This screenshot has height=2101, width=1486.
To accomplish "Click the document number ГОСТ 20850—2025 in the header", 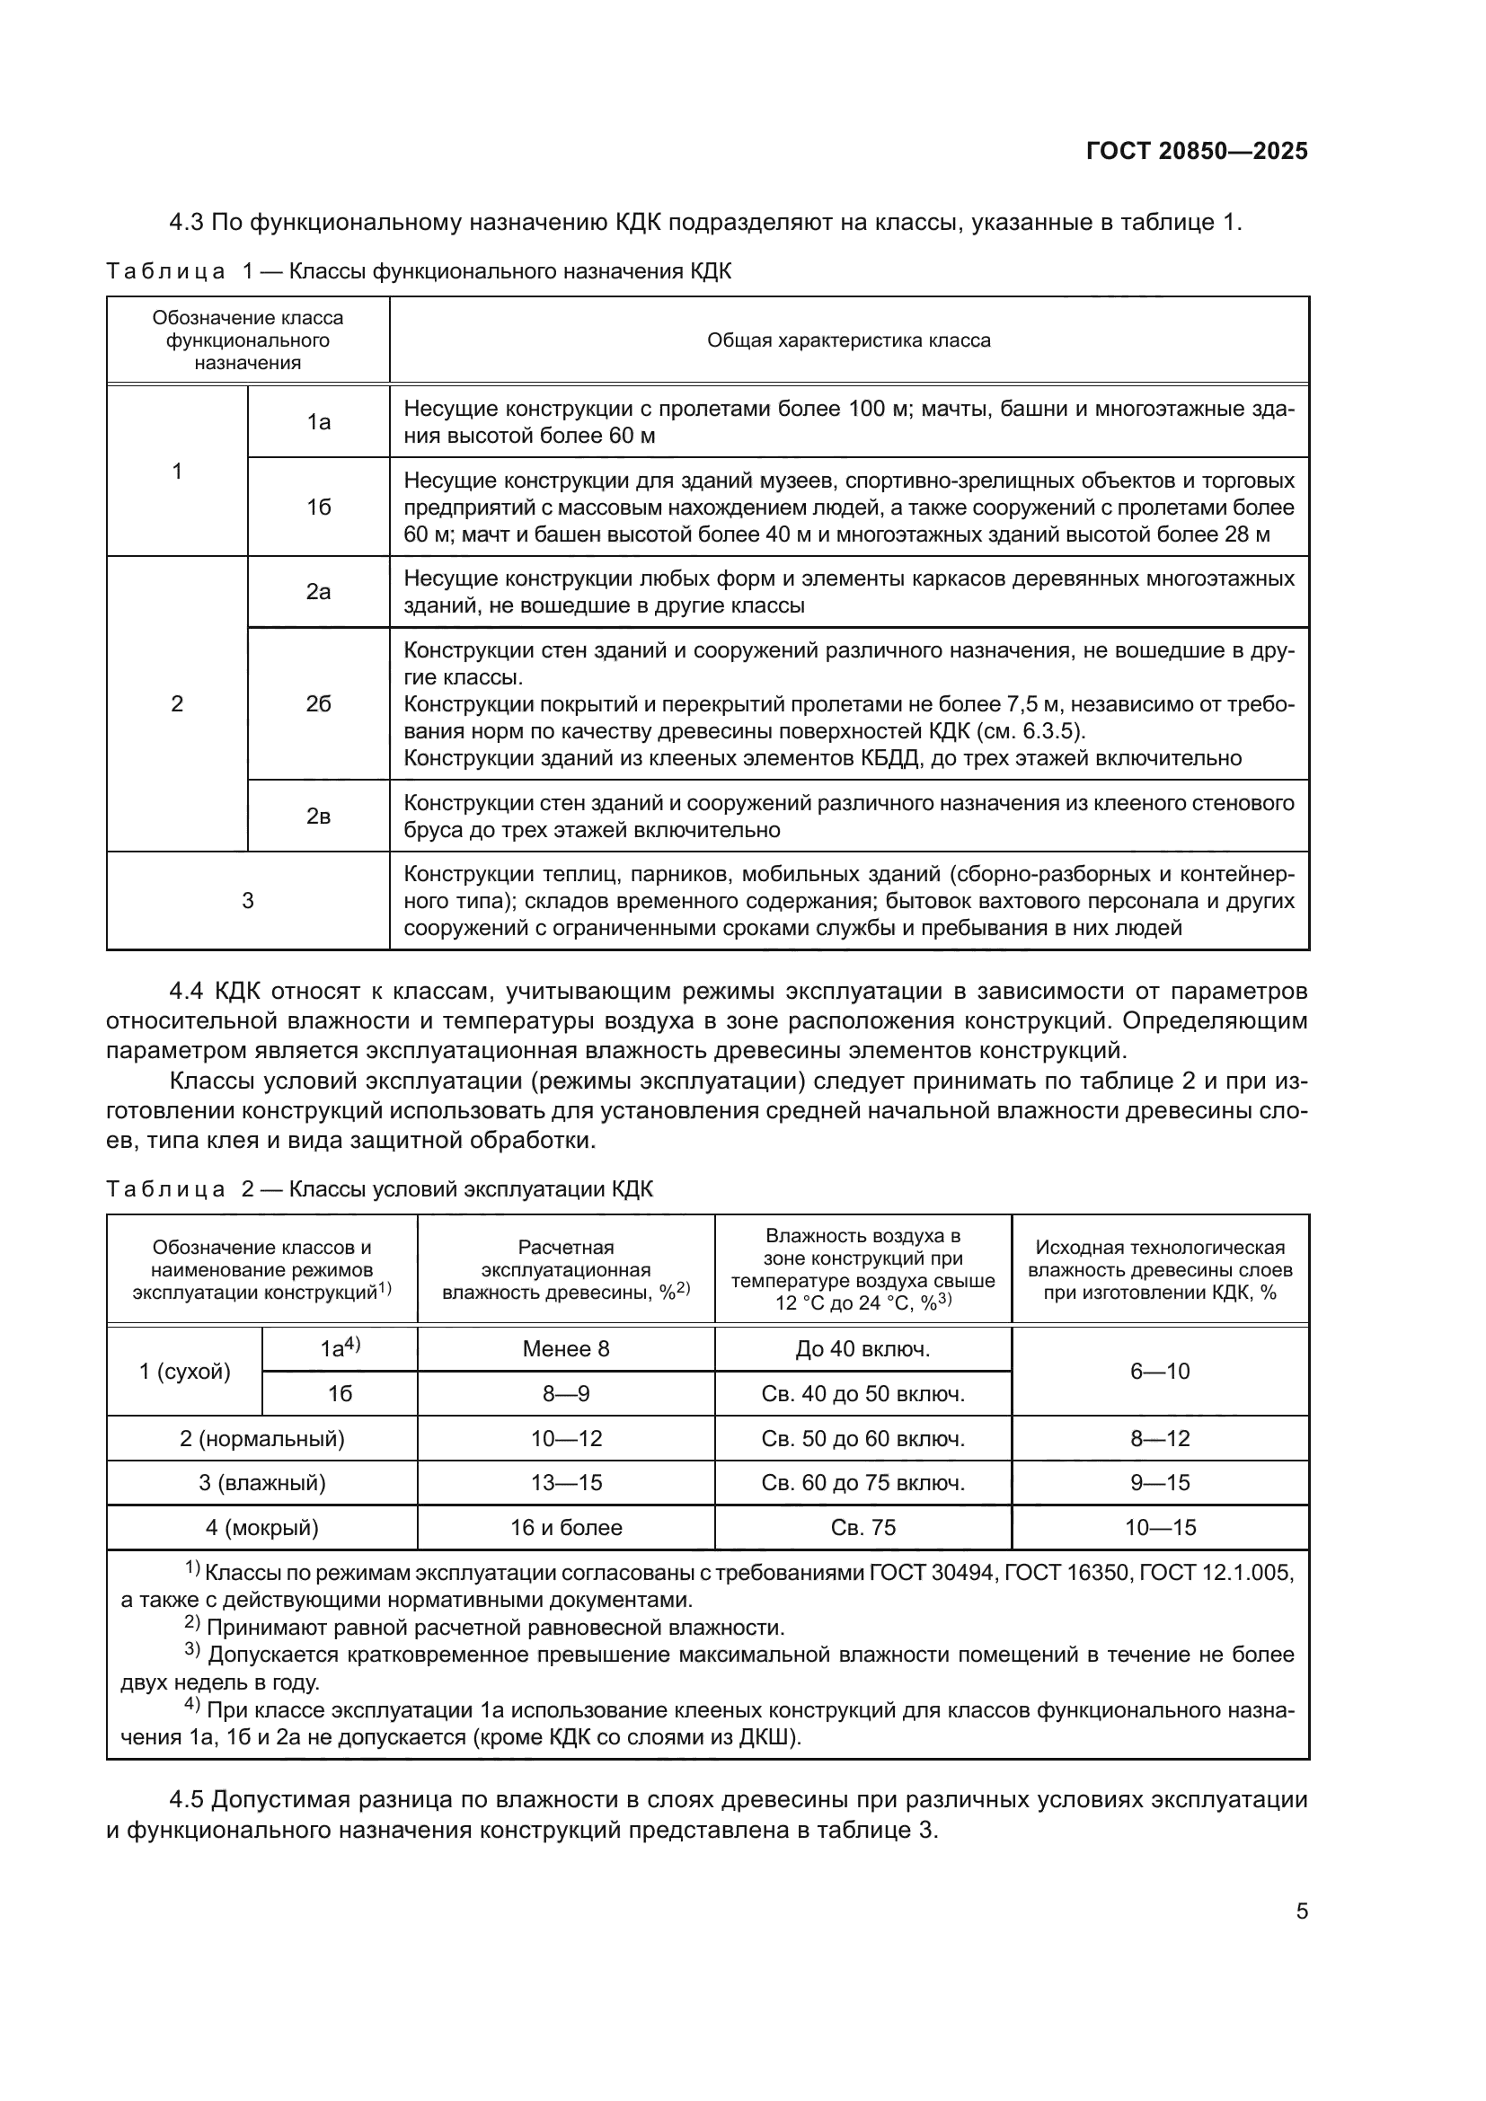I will point(1197,151).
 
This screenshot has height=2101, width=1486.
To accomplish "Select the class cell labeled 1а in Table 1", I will point(318,422).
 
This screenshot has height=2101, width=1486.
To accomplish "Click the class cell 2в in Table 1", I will point(318,817).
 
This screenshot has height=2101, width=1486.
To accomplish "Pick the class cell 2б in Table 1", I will point(318,703).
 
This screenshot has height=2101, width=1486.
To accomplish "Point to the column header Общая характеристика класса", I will point(848,340).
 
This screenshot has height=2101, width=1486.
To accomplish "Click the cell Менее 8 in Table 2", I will point(565,1348).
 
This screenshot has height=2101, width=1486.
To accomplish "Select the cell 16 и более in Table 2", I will point(565,1527).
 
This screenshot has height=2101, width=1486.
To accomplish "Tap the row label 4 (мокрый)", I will point(261,1527).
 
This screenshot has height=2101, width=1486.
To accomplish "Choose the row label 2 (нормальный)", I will point(261,1438).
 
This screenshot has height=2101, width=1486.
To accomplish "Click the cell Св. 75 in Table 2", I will point(862,1527).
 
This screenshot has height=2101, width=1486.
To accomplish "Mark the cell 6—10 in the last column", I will point(1159,1371).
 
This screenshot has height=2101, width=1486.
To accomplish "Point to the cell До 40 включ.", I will point(862,1348).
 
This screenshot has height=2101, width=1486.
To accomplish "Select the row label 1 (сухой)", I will point(185,1371).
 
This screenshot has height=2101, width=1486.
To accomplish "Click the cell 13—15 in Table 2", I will point(565,1482).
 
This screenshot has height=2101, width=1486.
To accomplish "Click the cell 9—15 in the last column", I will point(1159,1482).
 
